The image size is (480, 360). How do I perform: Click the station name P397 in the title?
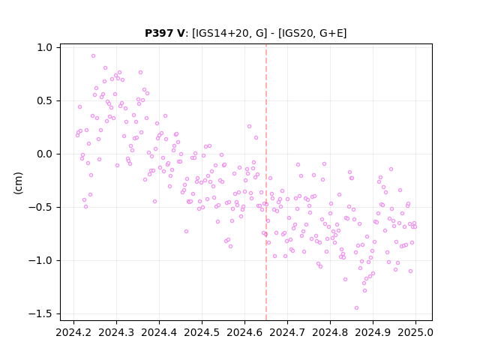click(160, 33)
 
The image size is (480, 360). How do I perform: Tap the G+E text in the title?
click(331, 33)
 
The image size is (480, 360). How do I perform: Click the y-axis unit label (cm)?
click(18, 183)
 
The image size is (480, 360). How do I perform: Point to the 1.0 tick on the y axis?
click(45, 48)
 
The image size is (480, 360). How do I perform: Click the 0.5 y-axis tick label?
click(45, 101)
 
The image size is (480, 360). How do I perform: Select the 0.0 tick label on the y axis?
click(45, 154)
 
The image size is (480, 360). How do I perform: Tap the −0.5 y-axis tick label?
click(40, 208)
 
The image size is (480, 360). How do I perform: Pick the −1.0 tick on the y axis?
click(40, 261)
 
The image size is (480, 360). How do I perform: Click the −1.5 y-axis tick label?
click(40, 314)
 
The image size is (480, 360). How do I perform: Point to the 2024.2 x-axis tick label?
click(73, 332)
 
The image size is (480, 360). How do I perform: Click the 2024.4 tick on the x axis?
click(159, 332)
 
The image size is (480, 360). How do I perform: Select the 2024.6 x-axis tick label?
click(244, 332)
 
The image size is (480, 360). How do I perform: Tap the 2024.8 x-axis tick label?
click(330, 332)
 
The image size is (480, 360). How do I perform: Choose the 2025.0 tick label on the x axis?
click(415, 332)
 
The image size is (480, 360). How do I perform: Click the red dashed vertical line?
click(266, 182)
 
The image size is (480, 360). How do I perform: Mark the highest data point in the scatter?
click(93, 55)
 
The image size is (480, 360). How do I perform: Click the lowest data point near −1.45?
click(357, 308)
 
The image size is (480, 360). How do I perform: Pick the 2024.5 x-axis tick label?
click(202, 332)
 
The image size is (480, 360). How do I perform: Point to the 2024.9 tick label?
click(373, 332)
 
